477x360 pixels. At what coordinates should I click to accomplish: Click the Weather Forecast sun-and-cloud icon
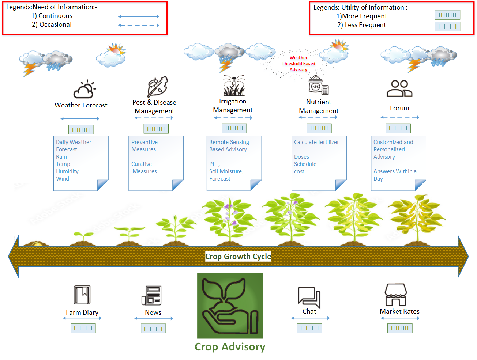84,90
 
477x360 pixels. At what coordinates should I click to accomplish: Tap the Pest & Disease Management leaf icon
157,87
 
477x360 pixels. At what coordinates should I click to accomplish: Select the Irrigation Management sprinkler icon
234,86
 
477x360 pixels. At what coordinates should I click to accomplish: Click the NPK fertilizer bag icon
318,86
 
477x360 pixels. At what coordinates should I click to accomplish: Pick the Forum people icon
399,88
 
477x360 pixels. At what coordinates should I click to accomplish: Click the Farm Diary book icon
82,295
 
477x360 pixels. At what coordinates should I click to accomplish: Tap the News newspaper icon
151,295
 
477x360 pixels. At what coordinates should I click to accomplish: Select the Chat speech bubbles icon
309,297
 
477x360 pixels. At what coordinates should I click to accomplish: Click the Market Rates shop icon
395,295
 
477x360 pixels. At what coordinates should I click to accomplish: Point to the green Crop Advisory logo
230,306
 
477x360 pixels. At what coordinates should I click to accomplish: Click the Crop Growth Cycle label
238,257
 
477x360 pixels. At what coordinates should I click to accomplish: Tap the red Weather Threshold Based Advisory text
298,64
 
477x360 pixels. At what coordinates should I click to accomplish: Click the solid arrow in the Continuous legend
138,16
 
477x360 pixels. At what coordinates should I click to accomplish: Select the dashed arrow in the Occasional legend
138,25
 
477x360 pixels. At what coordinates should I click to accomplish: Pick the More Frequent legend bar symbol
447,15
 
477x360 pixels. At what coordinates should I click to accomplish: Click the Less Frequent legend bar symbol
447,26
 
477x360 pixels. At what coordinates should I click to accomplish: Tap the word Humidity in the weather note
67,171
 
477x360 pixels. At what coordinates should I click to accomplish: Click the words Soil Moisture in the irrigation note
226,171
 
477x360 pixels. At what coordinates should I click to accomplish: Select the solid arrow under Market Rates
400,318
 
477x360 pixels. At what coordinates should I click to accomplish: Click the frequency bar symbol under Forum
398,128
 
